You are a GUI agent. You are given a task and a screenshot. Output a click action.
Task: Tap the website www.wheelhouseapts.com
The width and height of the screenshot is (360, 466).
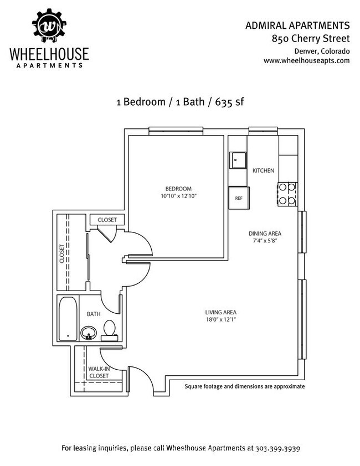[306, 61]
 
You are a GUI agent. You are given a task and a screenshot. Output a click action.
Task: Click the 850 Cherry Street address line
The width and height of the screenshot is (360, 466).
[310, 39]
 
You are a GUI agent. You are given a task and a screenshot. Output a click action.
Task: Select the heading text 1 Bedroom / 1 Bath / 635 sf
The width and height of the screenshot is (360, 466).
[180, 102]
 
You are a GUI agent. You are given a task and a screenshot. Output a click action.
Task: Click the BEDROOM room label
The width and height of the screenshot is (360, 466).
[178, 188]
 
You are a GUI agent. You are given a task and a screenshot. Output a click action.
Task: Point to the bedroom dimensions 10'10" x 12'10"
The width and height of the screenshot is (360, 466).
[178, 196]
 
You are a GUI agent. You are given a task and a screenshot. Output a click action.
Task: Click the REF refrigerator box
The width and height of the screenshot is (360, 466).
[239, 198]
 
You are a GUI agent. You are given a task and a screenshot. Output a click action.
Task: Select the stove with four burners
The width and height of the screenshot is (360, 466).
[287, 194]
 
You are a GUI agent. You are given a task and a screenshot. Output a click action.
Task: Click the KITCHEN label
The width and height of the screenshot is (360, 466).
[263, 170]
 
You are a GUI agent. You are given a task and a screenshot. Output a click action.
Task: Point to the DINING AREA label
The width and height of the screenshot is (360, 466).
[264, 234]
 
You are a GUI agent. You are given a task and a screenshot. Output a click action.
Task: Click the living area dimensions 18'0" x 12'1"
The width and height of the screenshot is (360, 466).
[221, 319]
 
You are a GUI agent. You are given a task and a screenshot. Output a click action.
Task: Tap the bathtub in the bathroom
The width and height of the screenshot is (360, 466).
[68, 319]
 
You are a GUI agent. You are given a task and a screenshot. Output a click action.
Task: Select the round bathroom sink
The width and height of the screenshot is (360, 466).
[89, 333]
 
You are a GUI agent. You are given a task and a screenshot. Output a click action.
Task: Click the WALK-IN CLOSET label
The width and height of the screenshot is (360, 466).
[98, 372]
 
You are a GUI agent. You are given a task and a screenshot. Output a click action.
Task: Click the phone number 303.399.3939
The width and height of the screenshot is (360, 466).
[278, 447]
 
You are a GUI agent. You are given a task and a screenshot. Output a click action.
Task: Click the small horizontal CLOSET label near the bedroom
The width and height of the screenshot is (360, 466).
[107, 220]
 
